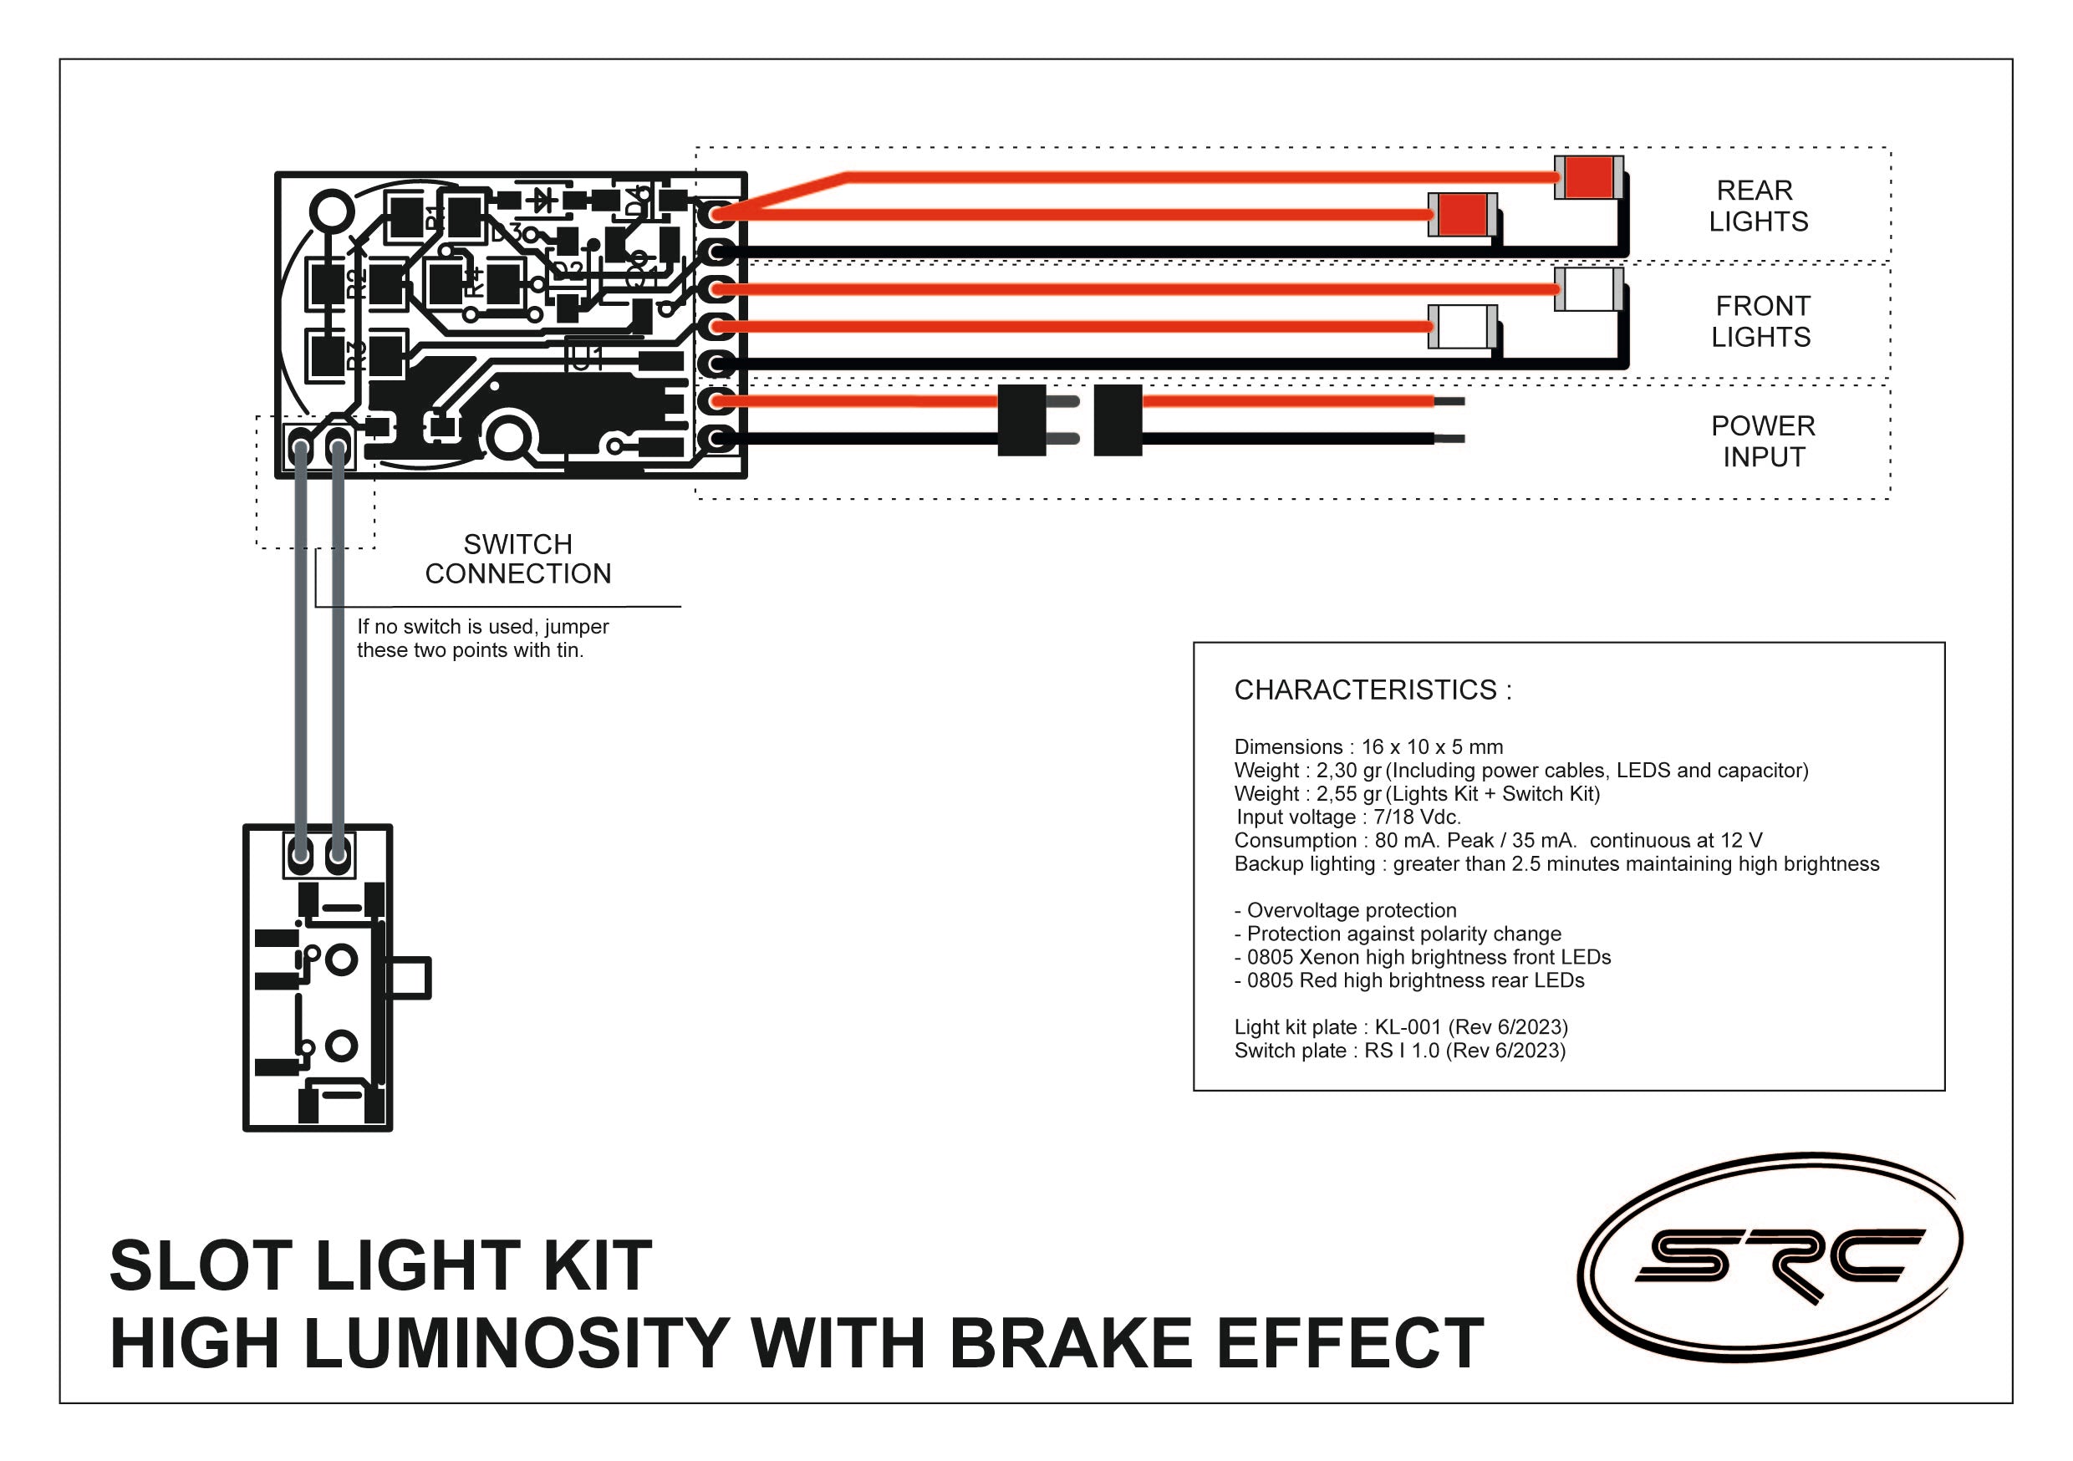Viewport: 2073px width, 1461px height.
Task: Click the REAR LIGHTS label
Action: (x=1757, y=206)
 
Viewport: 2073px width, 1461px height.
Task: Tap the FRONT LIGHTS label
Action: (x=1760, y=322)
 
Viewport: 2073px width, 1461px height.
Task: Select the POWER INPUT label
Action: (x=1762, y=441)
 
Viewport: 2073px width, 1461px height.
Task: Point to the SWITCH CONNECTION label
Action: (x=517, y=559)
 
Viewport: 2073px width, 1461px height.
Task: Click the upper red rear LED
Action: (x=1588, y=178)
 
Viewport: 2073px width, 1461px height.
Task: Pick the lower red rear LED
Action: (x=1462, y=215)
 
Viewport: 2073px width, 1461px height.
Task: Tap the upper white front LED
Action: (x=1589, y=290)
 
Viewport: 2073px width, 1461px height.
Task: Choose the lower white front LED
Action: (x=1463, y=327)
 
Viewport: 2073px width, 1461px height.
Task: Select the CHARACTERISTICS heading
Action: (x=1373, y=690)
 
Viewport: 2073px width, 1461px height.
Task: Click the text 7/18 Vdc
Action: (x=1417, y=817)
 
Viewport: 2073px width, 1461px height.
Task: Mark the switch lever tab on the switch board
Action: (x=410, y=978)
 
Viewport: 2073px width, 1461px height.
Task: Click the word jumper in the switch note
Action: (x=576, y=627)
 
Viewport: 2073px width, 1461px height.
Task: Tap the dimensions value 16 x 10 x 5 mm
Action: (x=1432, y=746)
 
